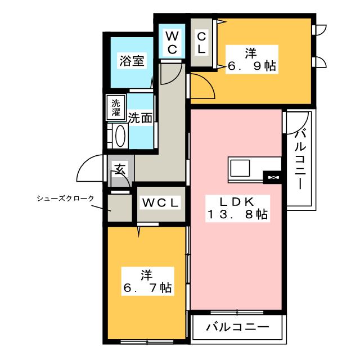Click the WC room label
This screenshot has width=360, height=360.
[172, 43]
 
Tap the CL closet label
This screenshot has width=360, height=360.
[201, 43]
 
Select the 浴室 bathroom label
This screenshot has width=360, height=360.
[132, 61]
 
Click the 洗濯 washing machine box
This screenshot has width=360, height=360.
[116, 107]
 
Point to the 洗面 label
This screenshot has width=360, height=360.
[140, 118]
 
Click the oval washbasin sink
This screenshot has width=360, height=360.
[120, 136]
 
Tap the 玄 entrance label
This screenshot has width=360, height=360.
[120, 169]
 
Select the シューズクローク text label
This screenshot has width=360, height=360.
[66, 199]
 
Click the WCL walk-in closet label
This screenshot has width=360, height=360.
[160, 203]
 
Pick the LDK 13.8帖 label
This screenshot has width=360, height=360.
[237, 208]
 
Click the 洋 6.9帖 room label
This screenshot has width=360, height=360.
[252, 60]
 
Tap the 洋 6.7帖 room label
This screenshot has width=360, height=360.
[147, 281]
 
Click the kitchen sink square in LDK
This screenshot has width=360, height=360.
[240, 168]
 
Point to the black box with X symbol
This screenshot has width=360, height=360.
[272, 178]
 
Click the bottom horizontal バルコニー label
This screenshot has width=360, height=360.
[237, 327]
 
